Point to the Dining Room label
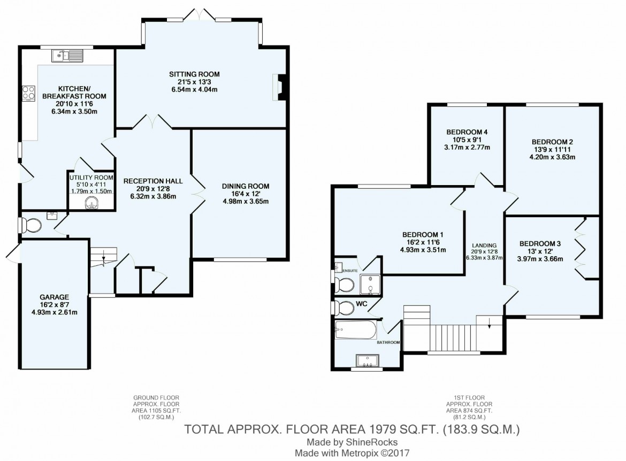pyautogui.click(x=246, y=186)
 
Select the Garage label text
pyautogui.click(x=54, y=297)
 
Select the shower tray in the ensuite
pyautogui.click(x=369, y=285)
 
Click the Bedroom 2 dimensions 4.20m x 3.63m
pyautogui.click(x=553, y=158)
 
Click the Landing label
pyautogui.click(x=484, y=245)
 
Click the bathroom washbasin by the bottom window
pyautogui.click(x=367, y=362)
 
